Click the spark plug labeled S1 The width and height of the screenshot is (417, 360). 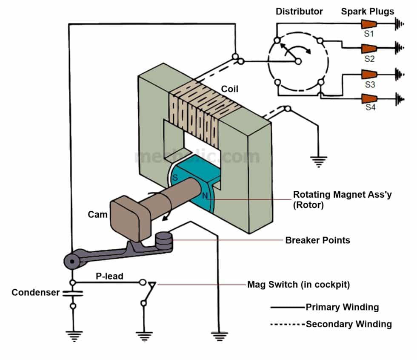pos(368,24)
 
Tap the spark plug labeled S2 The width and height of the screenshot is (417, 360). pos(368,48)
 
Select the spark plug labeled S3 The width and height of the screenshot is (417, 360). pos(368,74)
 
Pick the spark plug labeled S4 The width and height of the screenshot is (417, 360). pos(368,98)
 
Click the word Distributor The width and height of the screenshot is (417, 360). pos(299,12)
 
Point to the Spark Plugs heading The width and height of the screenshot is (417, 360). pos(367,12)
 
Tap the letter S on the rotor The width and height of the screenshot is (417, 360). pos(174,179)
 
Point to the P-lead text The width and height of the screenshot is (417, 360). pos(109,276)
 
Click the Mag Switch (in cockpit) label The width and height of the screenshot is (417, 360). pos(298,285)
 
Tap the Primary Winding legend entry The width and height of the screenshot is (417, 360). pos(342,307)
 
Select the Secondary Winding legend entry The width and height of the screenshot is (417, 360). pos(348,324)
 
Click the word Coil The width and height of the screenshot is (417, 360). pos(229,89)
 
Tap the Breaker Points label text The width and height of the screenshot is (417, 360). pos(317,240)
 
